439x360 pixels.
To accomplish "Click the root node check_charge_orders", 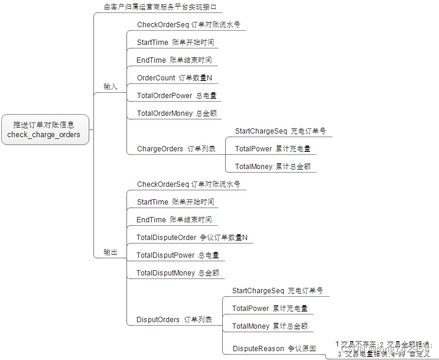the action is (x=44, y=129).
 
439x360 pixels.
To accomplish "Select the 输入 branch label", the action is (x=110, y=86).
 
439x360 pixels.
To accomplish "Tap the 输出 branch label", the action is (x=110, y=252).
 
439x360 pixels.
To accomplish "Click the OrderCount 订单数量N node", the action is (x=174, y=78).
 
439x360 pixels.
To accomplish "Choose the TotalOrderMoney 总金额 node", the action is (x=178, y=113).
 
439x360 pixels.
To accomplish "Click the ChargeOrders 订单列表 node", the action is (x=176, y=149).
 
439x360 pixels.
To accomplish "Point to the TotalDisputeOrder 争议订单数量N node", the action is (x=191, y=238).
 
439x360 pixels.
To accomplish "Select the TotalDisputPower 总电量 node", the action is (x=177, y=255).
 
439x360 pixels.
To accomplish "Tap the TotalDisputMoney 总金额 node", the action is (x=177, y=273).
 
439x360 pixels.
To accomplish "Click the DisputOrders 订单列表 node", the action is (x=174, y=320).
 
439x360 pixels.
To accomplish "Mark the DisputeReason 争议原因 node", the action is (x=274, y=349).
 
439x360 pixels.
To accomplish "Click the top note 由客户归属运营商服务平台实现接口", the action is (x=160, y=7).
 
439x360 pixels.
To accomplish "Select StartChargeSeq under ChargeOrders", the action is (x=280, y=131).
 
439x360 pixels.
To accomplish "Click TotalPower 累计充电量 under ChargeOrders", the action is (x=272, y=149).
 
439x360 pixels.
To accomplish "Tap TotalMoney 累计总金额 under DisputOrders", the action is (x=269, y=326).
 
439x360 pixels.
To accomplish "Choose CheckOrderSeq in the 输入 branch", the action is (x=188, y=25).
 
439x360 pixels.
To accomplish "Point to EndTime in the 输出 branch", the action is (x=174, y=220).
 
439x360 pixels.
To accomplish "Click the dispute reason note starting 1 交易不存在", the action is (x=384, y=349).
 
